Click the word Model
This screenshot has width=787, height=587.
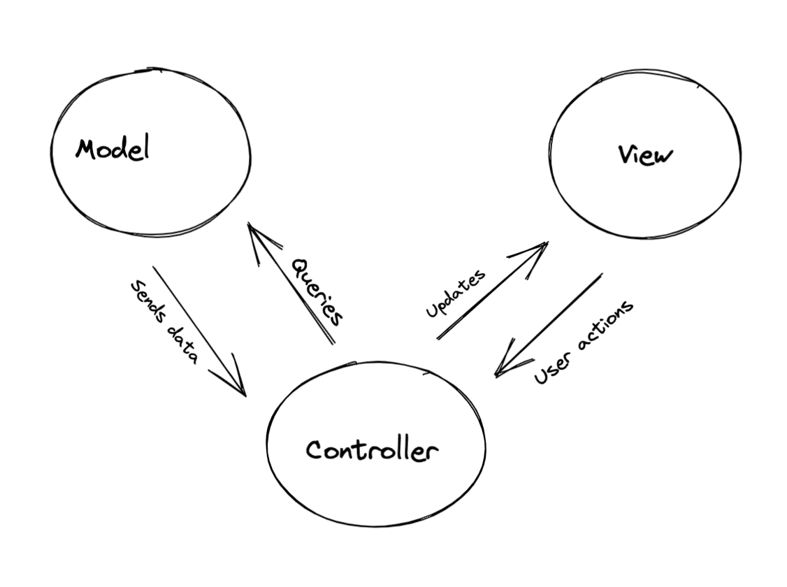point(113,149)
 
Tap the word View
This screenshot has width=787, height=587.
point(645,154)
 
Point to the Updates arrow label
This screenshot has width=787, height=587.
point(456,293)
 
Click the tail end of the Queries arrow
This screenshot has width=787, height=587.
point(333,343)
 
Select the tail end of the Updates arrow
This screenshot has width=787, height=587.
point(438,339)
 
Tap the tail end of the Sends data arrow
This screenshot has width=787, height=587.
point(154,266)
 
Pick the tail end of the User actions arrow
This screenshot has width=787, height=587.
point(601,274)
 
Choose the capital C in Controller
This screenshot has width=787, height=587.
point(315,449)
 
